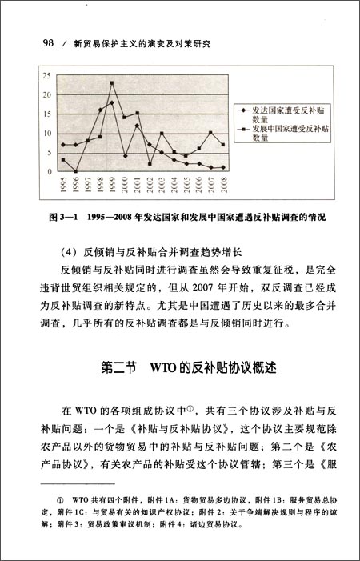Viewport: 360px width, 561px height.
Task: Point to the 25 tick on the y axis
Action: click(46, 76)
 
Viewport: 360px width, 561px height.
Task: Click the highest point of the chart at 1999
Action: click(112, 83)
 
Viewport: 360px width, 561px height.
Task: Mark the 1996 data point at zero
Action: click(75, 171)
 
